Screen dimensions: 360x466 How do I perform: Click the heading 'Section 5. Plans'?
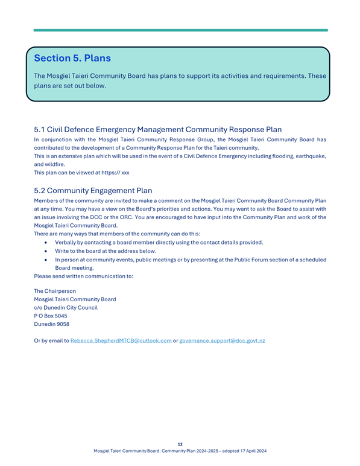tap(72, 59)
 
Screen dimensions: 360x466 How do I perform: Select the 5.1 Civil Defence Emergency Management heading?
tap(157, 129)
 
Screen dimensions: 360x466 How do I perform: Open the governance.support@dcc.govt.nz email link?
tap(222, 341)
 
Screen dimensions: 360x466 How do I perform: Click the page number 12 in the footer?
tap(180, 444)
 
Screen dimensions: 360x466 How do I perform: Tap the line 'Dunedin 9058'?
tap(51, 324)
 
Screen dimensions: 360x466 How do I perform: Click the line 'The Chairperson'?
tap(55, 291)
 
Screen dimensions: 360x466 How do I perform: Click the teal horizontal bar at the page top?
tap(180, 30)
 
